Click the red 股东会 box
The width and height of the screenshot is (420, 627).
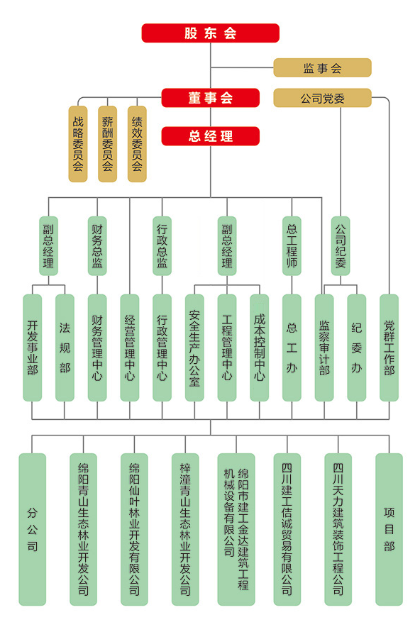pyautogui.click(x=210, y=33)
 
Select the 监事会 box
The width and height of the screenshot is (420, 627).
pyautogui.click(x=322, y=68)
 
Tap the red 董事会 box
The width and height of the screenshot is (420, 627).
pyautogui.click(x=210, y=98)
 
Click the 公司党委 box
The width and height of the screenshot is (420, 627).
pyautogui.click(x=322, y=98)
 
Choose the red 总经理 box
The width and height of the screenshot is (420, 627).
pyautogui.click(x=210, y=136)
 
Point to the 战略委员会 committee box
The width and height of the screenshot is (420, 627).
pyautogui.click(x=78, y=144)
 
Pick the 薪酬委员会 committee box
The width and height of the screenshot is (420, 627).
pyautogui.click(x=108, y=144)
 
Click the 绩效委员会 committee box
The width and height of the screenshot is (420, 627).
pyautogui.click(x=137, y=144)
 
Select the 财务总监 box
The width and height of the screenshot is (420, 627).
pyautogui.click(x=97, y=245)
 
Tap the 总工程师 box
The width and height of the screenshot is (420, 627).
pyautogui.click(x=292, y=245)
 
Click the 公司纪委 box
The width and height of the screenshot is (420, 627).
pyautogui.click(x=341, y=245)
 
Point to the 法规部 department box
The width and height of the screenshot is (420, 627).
pyautogui.click(x=65, y=348)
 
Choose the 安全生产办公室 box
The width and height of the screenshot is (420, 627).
pyautogui.click(x=194, y=348)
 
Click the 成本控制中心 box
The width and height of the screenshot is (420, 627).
pyautogui.click(x=259, y=348)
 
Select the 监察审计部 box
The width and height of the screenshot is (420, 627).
pyautogui.click(x=324, y=348)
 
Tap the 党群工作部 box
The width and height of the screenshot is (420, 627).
pyautogui.click(x=389, y=348)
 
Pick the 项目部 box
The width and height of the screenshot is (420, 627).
pyautogui.click(x=389, y=529)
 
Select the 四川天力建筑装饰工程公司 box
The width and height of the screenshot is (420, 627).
pyautogui.click(x=338, y=529)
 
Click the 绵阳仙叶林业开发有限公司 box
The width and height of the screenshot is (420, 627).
pyautogui.click(x=134, y=529)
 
